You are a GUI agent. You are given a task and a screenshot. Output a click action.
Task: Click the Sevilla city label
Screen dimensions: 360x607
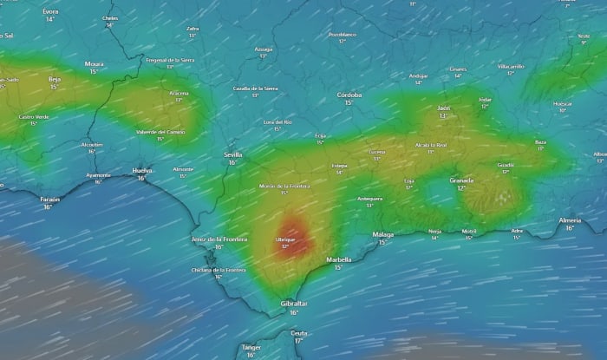(x=232, y=154)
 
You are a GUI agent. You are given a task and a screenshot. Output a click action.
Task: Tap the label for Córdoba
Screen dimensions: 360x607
(x=349, y=95)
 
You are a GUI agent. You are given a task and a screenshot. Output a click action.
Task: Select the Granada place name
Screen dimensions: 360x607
(x=461, y=180)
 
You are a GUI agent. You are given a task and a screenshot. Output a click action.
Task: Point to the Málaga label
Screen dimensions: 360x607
(x=382, y=234)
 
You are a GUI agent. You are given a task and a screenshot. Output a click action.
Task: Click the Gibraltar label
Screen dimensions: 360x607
(x=294, y=304)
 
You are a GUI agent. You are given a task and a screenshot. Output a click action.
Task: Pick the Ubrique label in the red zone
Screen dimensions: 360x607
(x=284, y=239)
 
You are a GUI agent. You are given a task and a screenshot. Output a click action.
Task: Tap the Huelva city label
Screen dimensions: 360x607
(x=141, y=171)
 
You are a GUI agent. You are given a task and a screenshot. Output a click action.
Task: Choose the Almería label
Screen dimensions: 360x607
(x=570, y=220)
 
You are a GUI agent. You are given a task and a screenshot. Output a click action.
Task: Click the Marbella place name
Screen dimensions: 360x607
(x=338, y=259)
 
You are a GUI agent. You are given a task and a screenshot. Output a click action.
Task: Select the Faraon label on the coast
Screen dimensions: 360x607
(x=49, y=199)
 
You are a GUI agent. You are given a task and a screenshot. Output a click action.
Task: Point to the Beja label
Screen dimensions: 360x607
(x=54, y=79)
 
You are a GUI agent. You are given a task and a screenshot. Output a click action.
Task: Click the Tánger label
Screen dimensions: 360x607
(x=251, y=346)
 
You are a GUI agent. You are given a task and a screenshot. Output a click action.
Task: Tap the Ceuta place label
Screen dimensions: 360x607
(x=299, y=333)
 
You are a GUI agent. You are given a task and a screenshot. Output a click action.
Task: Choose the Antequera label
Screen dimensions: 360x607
(x=369, y=199)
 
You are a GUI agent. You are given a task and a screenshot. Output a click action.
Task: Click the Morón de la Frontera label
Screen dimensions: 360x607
(x=284, y=186)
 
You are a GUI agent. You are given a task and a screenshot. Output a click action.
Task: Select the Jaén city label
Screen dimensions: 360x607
(x=444, y=108)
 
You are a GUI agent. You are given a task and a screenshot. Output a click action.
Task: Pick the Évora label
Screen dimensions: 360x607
(x=50, y=11)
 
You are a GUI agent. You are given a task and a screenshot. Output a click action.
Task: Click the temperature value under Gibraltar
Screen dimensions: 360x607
(x=294, y=312)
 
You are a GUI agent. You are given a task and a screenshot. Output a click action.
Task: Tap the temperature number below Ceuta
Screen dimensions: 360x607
(x=299, y=341)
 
